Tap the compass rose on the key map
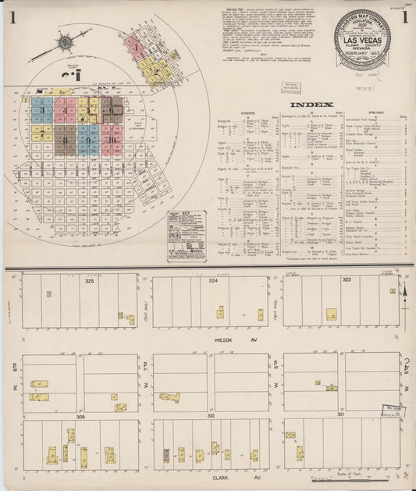(x=65, y=41)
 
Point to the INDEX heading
(x=311, y=104)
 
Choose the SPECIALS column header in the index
(x=372, y=112)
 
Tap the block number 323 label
(x=346, y=278)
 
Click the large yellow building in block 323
(x=331, y=314)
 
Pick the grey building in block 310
(x=166, y=456)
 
